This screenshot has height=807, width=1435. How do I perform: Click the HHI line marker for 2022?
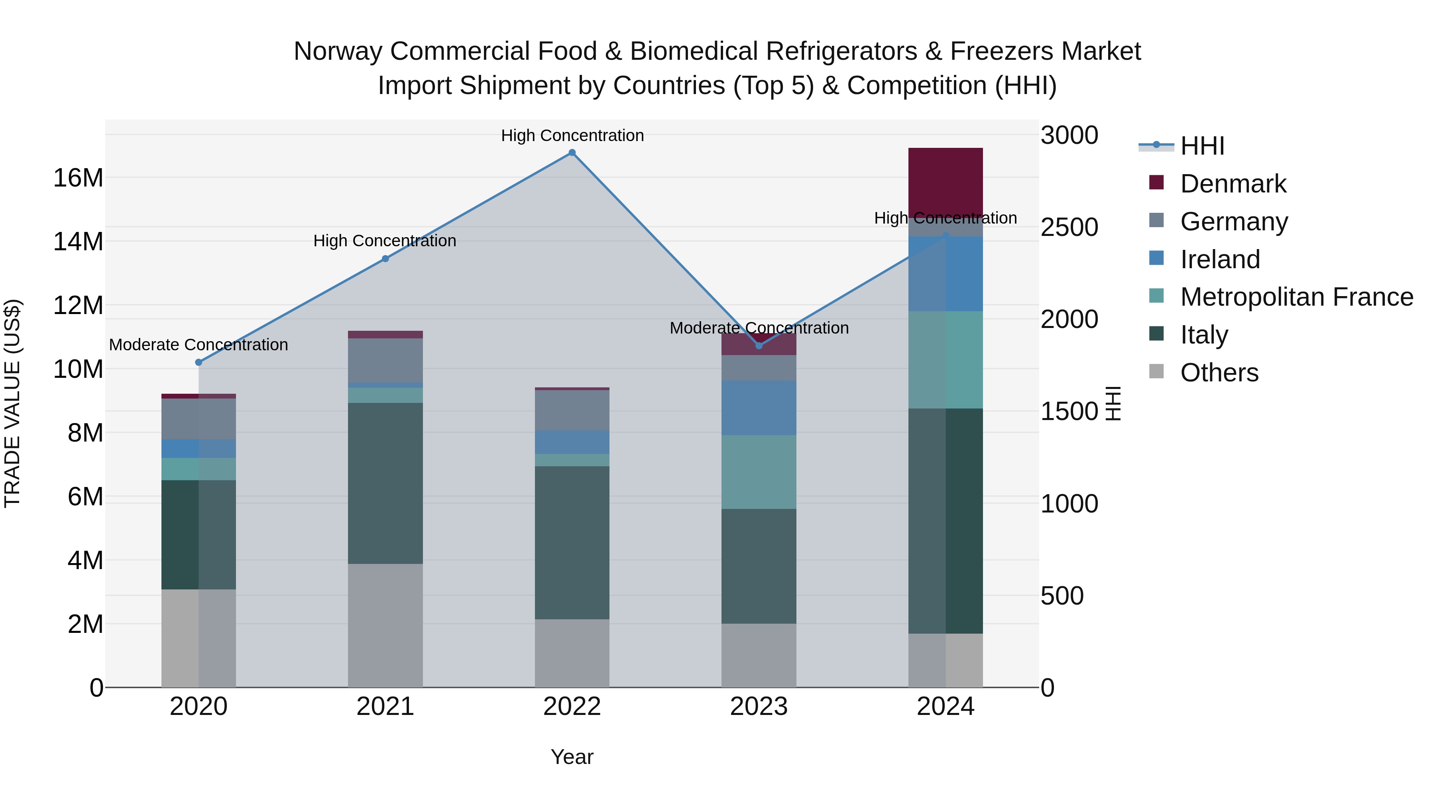tap(572, 153)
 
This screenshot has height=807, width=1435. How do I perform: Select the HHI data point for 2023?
tap(759, 346)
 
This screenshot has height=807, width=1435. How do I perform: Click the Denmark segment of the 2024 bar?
tap(946, 181)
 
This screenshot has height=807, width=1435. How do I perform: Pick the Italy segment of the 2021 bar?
tap(385, 483)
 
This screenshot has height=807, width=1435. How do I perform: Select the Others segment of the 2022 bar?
tap(572, 653)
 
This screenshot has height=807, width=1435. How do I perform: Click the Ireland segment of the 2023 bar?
tap(759, 408)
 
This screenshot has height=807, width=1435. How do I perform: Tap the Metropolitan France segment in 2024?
tap(946, 360)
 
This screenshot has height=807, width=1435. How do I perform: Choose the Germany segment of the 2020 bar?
tap(199, 419)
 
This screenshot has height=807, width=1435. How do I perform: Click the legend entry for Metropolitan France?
tap(1296, 297)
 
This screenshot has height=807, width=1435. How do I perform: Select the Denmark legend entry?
tap(1233, 184)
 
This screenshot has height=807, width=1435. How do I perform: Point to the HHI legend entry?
tap(1201, 146)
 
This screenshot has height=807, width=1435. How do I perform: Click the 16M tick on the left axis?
tap(78, 178)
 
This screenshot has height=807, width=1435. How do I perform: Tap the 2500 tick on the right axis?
tap(1068, 227)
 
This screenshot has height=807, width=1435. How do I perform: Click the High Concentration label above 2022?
tap(572, 135)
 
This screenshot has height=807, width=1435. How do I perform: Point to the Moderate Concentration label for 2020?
tap(199, 345)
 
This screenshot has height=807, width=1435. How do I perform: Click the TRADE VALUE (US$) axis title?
tap(12, 403)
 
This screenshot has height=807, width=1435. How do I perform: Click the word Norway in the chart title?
tap(338, 51)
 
